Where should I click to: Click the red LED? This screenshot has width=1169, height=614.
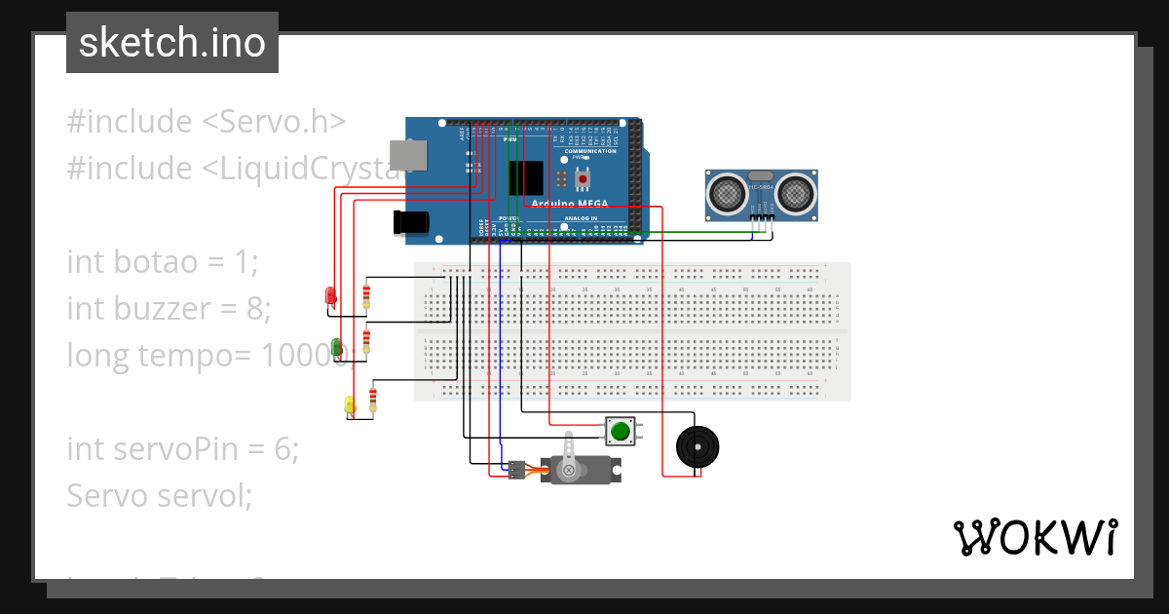[x=330, y=295]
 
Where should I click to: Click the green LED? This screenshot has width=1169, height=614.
[x=337, y=347]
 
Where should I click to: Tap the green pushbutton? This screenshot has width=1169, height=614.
[x=619, y=431]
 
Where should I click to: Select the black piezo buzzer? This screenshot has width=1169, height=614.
[x=698, y=447]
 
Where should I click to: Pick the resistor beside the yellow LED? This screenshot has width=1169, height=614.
[x=373, y=400]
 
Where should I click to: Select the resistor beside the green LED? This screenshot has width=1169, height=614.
[x=366, y=341]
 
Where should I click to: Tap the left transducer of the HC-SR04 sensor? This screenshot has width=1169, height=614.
[x=727, y=193]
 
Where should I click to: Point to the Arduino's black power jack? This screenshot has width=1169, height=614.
[x=410, y=222]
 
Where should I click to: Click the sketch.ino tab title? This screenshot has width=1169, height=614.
[x=172, y=43]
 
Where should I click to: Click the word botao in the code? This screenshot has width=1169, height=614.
[x=166, y=262]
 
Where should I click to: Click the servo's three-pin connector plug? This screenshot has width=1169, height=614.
[x=516, y=469]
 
